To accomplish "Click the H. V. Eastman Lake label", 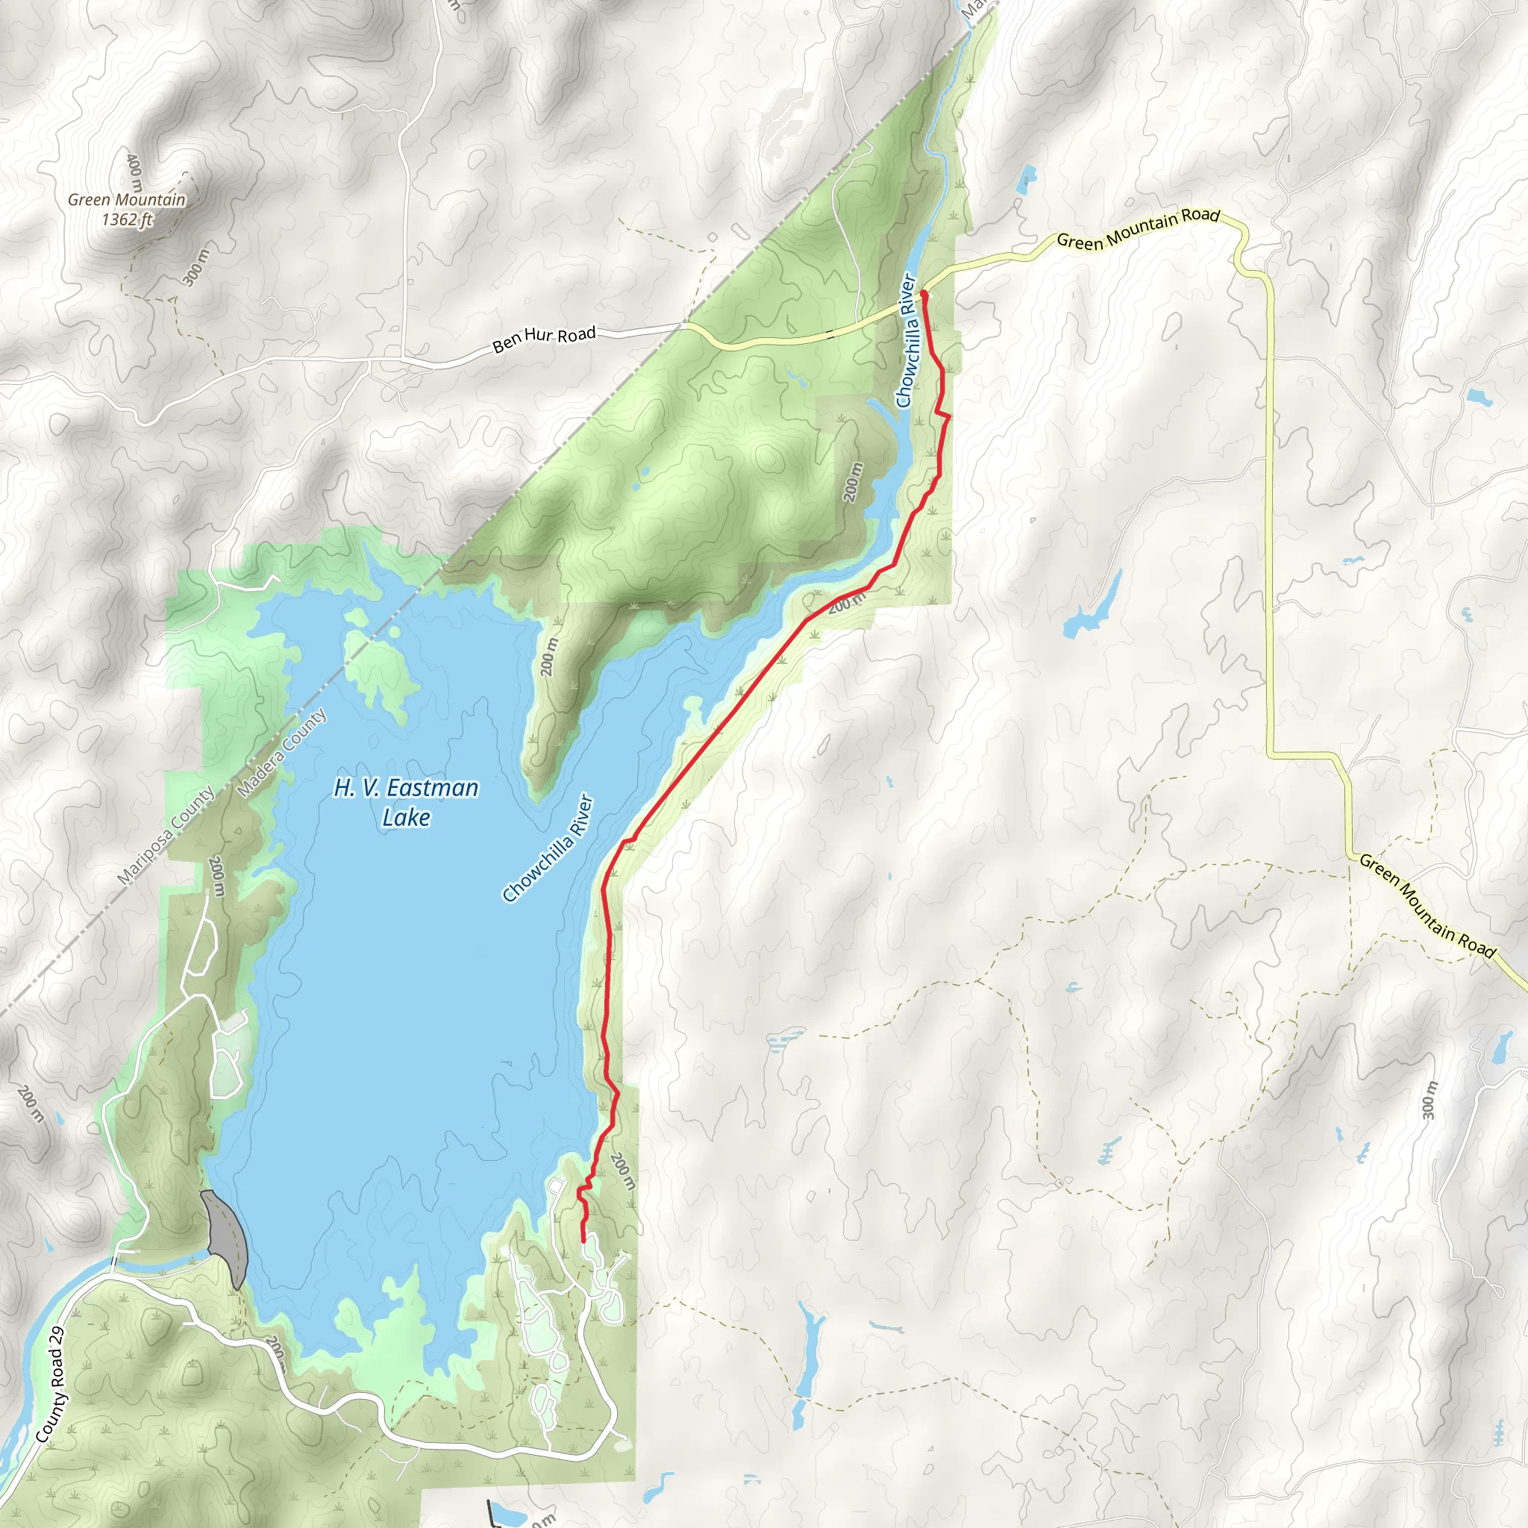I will (406, 802).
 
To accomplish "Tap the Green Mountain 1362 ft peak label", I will (127, 210).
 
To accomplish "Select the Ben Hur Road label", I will (543, 339).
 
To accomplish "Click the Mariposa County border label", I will (166, 835).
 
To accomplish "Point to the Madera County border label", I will (281, 752).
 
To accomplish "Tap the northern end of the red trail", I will (923, 293).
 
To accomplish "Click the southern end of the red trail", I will (583, 1241).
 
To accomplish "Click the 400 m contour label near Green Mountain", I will (134, 173).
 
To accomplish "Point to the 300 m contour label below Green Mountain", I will (195, 267).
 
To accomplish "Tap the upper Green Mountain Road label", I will (1138, 228).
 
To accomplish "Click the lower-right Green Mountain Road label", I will (1427, 907).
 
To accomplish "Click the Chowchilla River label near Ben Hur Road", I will (907, 340).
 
